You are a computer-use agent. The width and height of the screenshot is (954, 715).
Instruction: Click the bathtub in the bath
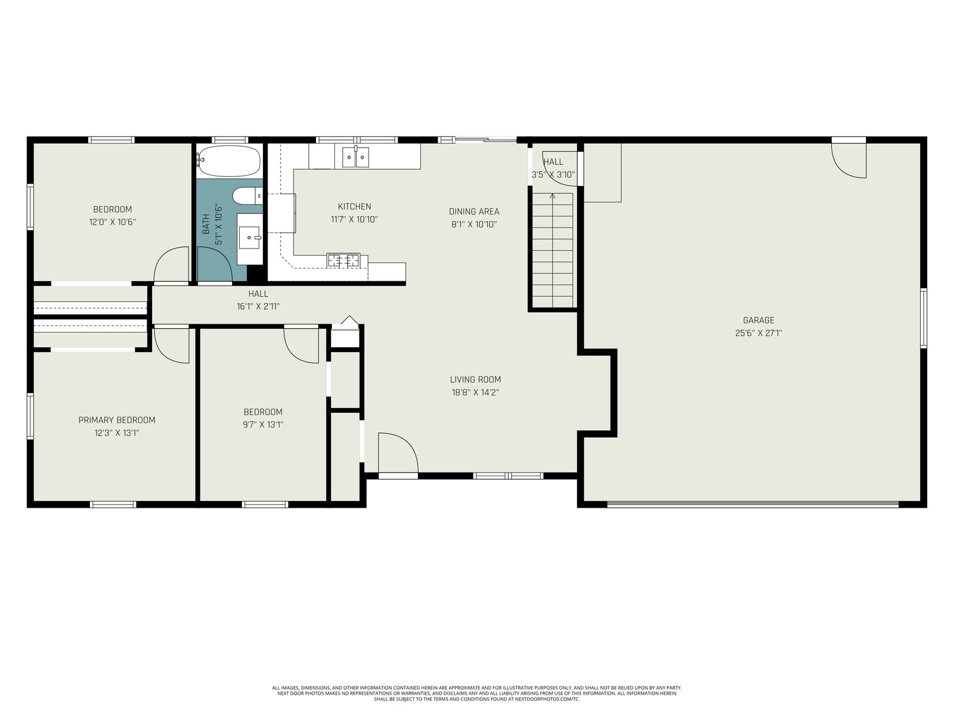[x=229, y=161]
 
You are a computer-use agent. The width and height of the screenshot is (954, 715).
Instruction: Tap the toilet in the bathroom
[x=247, y=196]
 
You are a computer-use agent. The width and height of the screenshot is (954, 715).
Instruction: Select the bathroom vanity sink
[x=249, y=238]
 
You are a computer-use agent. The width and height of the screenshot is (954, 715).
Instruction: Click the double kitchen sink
[x=355, y=157]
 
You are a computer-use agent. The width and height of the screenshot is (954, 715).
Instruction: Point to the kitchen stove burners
[x=343, y=260]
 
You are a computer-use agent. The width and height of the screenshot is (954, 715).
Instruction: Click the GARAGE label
[x=758, y=321]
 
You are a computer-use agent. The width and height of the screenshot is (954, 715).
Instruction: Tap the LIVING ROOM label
[x=475, y=380]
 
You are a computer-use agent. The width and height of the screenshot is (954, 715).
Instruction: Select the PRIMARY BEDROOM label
[x=117, y=420]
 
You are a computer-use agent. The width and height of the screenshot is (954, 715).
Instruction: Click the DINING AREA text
[x=474, y=212]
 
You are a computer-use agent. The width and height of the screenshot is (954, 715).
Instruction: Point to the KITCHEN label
[x=355, y=206]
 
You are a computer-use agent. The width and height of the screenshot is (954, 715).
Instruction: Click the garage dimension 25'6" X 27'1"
[x=758, y=333]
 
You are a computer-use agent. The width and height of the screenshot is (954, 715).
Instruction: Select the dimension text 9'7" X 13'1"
[x=263, y=425]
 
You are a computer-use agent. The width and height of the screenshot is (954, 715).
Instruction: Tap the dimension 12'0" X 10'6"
[x=113, y=222]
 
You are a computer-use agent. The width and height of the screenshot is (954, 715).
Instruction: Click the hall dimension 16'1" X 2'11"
[x=258, y=306]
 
